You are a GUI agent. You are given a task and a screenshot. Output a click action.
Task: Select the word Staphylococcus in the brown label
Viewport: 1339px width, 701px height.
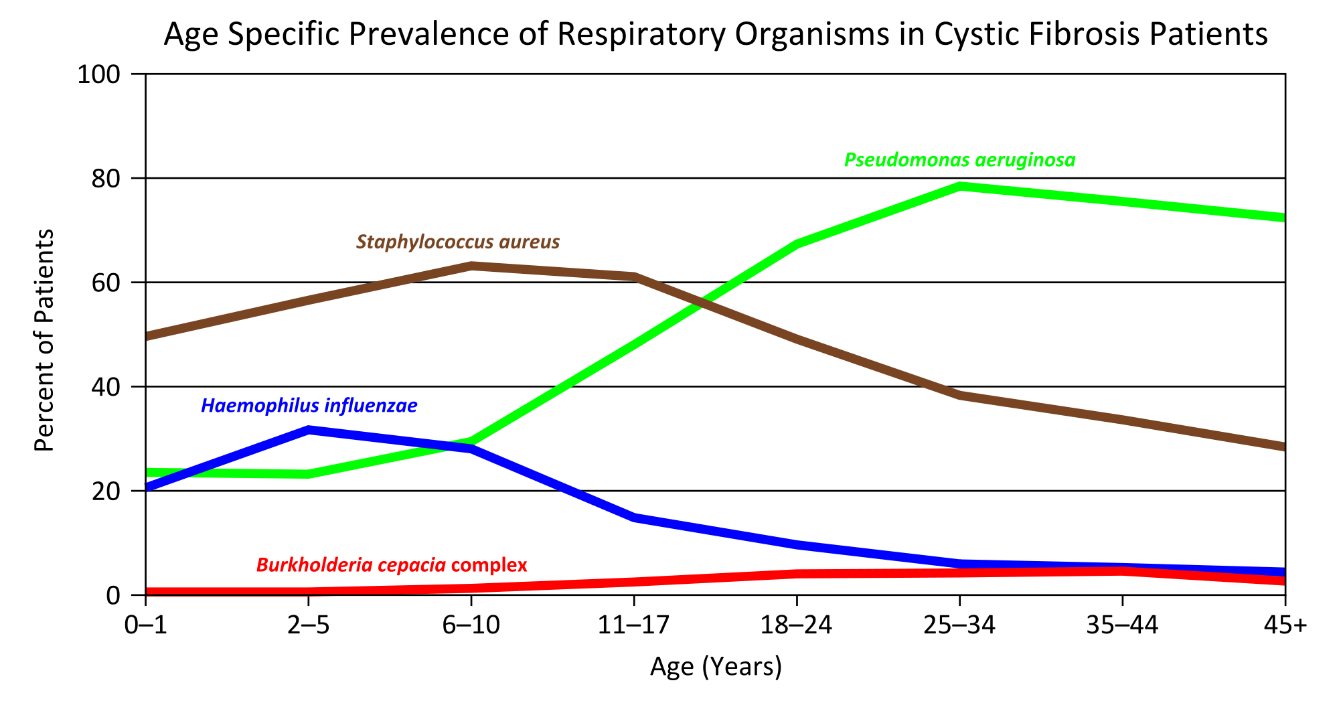(x=419, y=242)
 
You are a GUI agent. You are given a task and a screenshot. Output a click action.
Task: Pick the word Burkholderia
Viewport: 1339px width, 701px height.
(x=314, y=565)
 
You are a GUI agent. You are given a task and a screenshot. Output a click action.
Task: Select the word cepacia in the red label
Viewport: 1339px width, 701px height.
(x=412, y=565)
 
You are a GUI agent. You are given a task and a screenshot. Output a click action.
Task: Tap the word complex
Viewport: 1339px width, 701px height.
(x=489, y=565)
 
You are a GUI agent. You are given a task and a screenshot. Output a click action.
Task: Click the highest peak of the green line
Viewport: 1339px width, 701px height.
(x=960, y=186)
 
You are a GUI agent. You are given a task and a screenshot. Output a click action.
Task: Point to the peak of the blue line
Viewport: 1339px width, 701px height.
(x=309, y=430)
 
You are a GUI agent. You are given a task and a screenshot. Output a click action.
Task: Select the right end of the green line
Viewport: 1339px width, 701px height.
(x=1281, y=218)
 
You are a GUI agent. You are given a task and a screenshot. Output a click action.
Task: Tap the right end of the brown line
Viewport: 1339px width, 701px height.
(x=1281, y=446)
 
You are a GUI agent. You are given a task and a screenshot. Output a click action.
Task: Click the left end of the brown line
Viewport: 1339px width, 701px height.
(x=149, y=335)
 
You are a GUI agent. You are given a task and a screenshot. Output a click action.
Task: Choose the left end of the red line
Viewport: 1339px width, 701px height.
(x=149, y=591)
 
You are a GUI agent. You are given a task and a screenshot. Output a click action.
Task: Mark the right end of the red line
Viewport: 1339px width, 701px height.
(x=1281, y=580)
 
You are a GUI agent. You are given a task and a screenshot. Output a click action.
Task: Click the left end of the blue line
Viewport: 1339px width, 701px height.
(x=149, y=486)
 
